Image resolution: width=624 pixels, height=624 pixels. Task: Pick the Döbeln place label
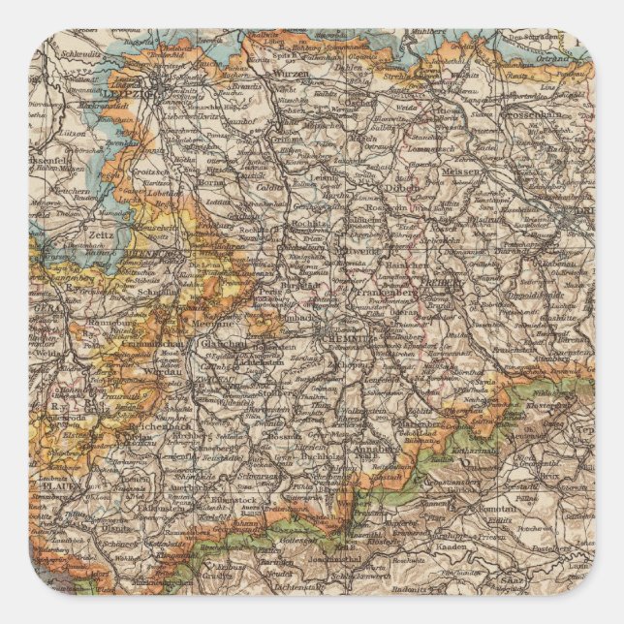(391, 186)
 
